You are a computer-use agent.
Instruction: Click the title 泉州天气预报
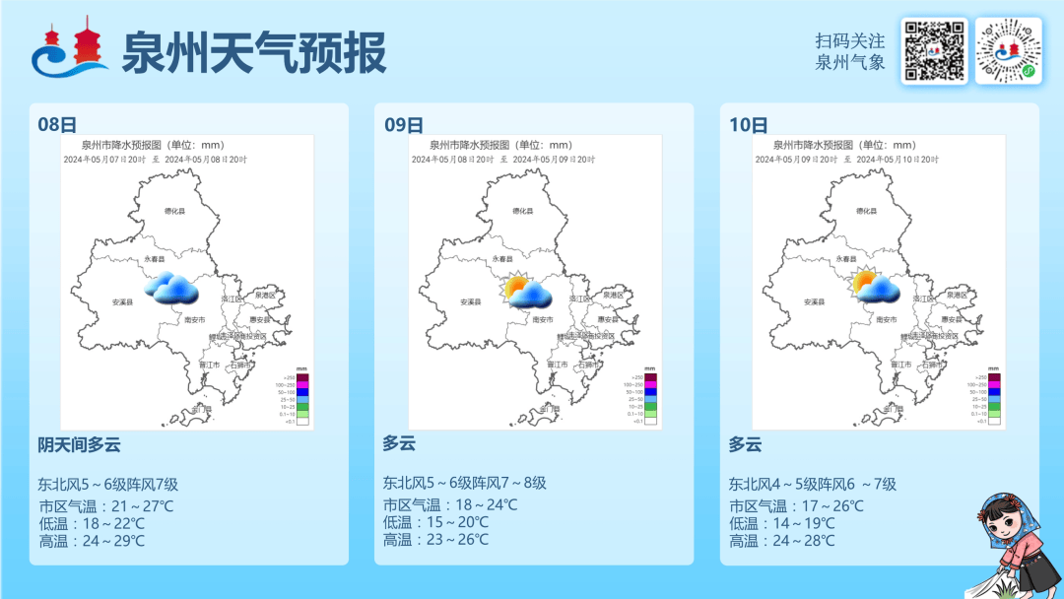coord(253,52)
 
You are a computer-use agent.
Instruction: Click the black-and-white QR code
coord(934,51)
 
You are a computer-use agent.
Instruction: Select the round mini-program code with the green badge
coord(1008,51)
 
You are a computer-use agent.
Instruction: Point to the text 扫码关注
coord(849,41)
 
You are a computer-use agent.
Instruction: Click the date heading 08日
coord(57,124)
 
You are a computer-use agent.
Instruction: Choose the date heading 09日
coord(403,124)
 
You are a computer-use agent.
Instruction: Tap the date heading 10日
coord(749,124)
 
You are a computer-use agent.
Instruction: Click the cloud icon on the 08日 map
coord(171,288)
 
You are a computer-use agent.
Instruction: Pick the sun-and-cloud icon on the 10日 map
coord(874,286)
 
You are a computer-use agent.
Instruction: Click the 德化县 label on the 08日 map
coord(175,211)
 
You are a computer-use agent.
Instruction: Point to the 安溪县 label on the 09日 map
coord(470,302)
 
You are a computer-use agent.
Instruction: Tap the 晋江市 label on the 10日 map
coord(900,364)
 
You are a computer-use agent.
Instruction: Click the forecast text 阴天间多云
coord(79,444)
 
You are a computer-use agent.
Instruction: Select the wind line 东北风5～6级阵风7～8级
coord(464,483)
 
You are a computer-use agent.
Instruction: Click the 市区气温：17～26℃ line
coord(796,505)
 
